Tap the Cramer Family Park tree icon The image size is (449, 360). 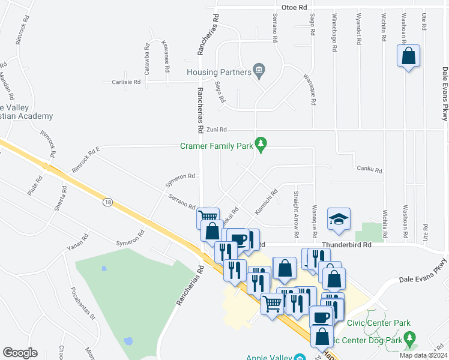tap(261, 144)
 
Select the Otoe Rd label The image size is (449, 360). tap(294, 7)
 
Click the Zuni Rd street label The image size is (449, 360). tap(217, 130)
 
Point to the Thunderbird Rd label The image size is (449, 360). tap(346, 245)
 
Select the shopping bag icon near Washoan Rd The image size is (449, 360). tap(408, 56)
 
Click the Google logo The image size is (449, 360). tap(20, 353)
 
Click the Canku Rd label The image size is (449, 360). tap(369, 169)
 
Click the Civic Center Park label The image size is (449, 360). tap(379, 323)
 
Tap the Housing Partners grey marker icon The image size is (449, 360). tap(259, 70)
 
